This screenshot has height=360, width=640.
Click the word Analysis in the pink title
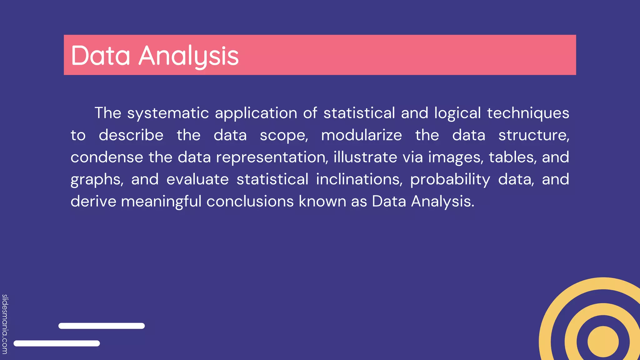point(188,56)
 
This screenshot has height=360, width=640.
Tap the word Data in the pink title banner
point(100,56)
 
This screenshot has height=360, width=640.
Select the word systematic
point(168,113)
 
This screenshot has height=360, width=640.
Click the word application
point(256,113)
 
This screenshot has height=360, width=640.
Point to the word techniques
point(528,113)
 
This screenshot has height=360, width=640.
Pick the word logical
point(457,113)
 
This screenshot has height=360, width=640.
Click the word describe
point(131,135)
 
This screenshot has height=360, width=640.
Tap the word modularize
point(362,135)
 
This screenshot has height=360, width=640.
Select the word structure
point(533,135)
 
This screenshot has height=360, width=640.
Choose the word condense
point(107,157)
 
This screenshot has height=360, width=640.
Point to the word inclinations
point(359,179)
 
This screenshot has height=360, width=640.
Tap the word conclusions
point(250,202)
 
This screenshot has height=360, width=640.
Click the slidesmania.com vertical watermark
point(5,324)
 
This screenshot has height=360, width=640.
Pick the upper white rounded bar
point(102,326)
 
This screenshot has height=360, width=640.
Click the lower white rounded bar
point(57,343)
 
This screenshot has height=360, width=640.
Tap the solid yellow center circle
point(603,342)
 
